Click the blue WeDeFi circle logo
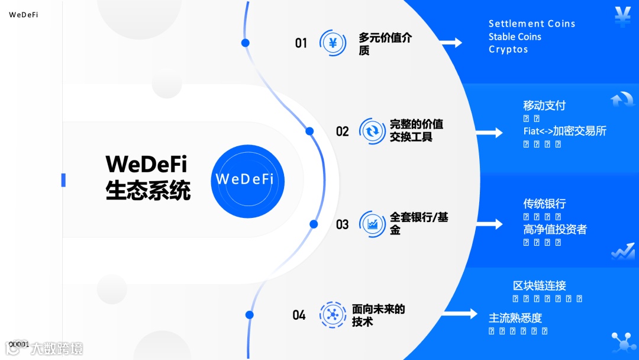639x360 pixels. point(248,181)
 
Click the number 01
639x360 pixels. point(301,43)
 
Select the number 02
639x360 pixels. point(343,131)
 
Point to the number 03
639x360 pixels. point(343,225)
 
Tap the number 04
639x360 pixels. point(299,315)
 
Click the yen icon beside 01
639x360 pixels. point(333,43)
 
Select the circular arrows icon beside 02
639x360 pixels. point(373,131)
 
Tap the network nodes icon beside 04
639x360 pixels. point(333,315)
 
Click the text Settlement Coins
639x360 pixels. point(532,24)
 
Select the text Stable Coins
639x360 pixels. point(515,37)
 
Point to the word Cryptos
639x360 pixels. point(508,50)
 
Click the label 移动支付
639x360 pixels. point(544,105)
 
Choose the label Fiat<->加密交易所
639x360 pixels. point(565,131)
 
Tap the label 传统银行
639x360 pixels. point(544,204)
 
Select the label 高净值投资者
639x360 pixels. point(555,229)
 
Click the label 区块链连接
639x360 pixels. point(540,286)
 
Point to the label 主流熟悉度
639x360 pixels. point(515,318)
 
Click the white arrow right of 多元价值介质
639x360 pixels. point(451,43)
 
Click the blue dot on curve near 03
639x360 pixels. point(314,224)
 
